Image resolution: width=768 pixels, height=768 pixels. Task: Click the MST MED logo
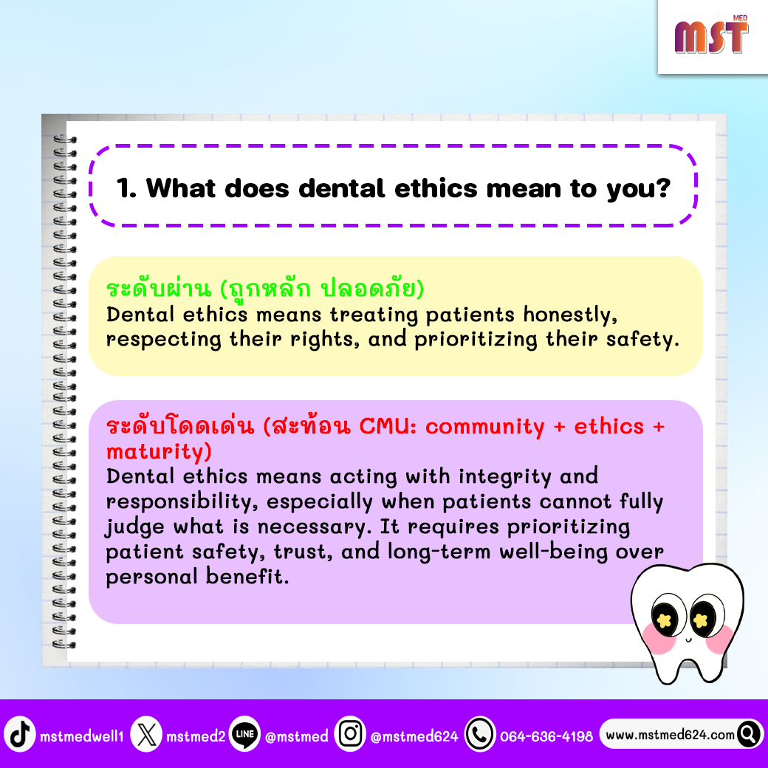711,35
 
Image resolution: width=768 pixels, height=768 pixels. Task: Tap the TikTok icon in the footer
20,734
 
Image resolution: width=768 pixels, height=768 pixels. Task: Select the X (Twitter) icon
146,734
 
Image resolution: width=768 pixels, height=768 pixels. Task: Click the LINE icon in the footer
244,734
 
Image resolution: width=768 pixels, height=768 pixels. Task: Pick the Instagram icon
350,734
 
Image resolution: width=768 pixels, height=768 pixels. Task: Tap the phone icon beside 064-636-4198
480,734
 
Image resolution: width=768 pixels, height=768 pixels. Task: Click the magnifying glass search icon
748,734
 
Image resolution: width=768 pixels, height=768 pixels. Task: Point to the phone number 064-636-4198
546,736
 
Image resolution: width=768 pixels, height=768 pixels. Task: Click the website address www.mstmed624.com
670,735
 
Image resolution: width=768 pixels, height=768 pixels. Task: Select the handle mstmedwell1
82,736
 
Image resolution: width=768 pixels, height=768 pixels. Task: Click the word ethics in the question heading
436,188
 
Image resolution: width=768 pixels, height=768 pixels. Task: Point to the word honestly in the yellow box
570,315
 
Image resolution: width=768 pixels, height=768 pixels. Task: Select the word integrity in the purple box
505,476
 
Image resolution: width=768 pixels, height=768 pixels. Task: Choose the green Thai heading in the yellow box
265,288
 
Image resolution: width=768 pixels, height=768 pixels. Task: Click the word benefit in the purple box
247,576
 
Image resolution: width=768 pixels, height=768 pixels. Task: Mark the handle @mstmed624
414,736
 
